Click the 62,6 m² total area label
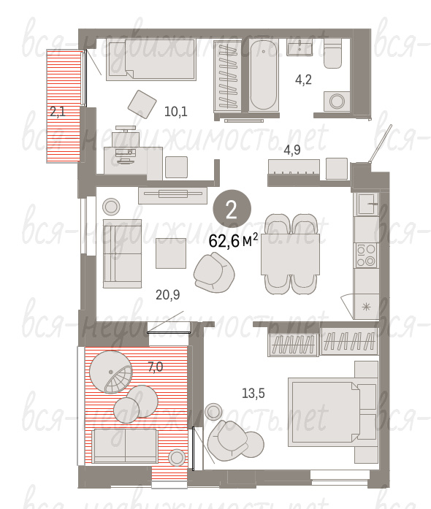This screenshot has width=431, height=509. (233, 240)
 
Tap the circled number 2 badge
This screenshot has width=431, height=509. (232, 209)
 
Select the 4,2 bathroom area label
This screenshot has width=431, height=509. (303, 80)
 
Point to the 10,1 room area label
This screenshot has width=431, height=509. (176, 112)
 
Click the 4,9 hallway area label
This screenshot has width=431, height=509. (292, 150)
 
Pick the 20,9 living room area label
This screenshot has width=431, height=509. (167, 295)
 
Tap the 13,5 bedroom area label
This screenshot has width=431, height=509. (253, 394)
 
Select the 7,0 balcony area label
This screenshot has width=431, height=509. (156, 367)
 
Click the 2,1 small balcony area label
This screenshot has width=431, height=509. (58, 112)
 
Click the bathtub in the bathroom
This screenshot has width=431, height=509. (264, 75)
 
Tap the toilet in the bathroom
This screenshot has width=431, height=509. (332, 53)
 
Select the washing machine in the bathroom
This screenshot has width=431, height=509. (337, 102)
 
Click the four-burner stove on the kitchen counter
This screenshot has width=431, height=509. (366, 256)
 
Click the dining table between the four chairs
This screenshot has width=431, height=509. (290, 254)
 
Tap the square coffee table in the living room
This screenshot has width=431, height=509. (171, 253)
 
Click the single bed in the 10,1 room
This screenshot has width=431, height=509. (152, 60)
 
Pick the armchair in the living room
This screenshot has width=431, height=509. (213, 272)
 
